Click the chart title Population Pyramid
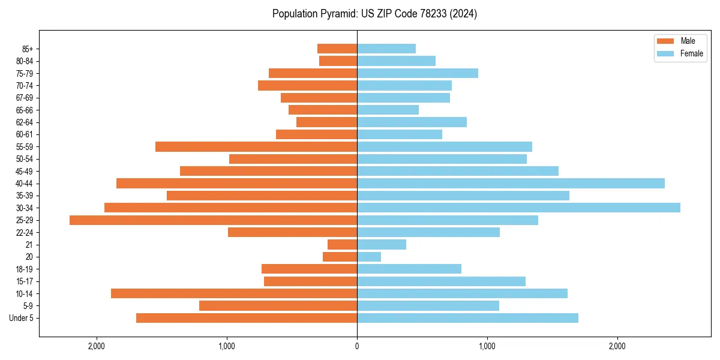374,14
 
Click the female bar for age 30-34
518,208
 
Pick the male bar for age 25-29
213,220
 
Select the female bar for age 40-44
511,183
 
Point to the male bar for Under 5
247,318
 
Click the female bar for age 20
369,257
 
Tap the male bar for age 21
342,245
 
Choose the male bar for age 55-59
256,146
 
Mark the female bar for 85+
386,49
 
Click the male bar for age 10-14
234,293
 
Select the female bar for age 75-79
418,73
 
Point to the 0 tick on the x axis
357,346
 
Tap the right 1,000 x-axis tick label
487,346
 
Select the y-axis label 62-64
25,122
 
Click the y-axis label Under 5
22,318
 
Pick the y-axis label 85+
28,49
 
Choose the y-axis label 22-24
25,232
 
